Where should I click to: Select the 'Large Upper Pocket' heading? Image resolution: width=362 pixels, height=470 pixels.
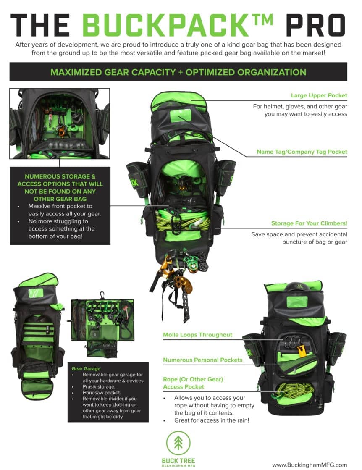tap(319, 95)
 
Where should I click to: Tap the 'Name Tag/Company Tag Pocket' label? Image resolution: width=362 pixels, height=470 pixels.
tap(302, 152)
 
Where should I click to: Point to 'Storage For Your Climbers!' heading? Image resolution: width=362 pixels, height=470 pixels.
tap(309, 223)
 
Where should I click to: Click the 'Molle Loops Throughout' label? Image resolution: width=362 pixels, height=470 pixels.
tap(197, 335)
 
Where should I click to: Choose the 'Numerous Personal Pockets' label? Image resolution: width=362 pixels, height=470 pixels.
tap(202, 360)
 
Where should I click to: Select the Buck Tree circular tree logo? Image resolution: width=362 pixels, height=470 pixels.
tap(178, 444)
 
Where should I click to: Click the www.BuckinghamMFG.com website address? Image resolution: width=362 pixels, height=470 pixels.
tap(310, 465)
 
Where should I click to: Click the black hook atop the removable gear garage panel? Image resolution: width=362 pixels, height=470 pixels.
tap(102, 295)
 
